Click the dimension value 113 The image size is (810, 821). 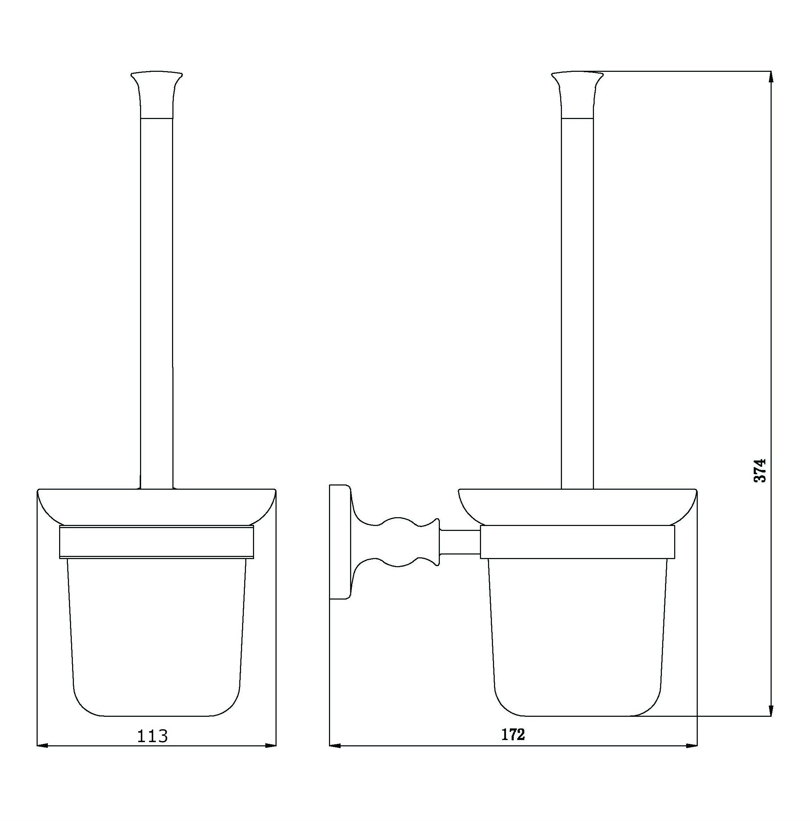[x=152, y=735]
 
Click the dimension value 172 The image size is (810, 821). [x=513, y=734]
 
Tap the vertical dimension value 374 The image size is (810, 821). [x=760, y=470]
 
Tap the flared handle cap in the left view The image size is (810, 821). [x=157, y=94]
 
